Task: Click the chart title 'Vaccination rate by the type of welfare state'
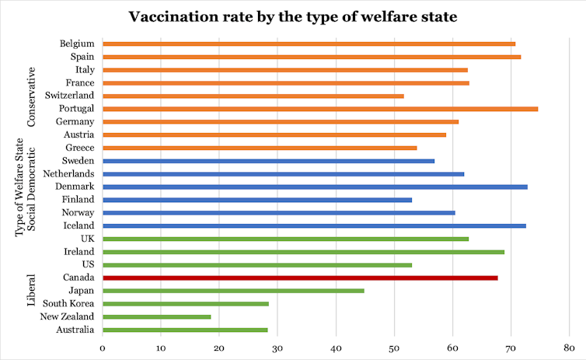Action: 292,17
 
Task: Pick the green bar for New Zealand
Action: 156,316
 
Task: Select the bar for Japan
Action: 233,291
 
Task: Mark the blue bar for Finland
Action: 257,200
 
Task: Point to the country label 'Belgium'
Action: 77,43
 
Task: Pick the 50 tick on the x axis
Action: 394,348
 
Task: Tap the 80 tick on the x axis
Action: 569,348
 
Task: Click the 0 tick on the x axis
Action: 103,348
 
